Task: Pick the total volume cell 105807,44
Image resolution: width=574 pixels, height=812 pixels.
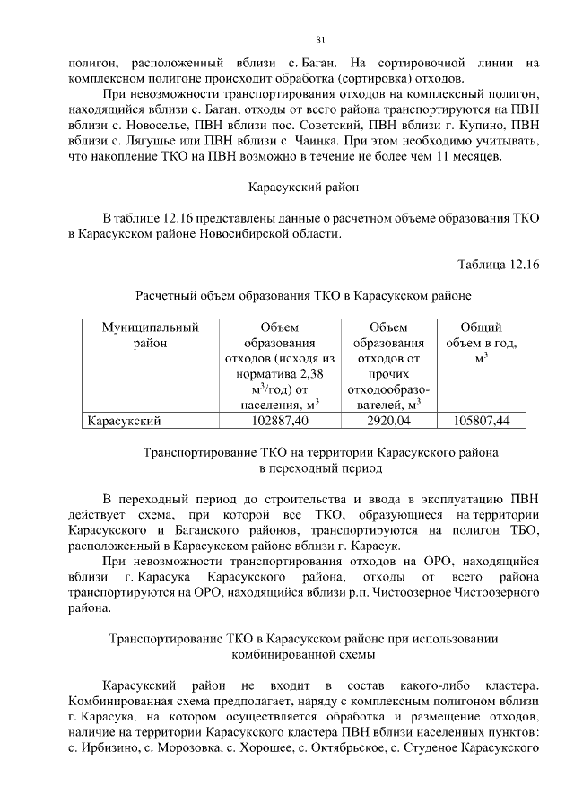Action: [481, 420]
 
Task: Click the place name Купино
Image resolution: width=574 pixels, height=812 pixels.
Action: [483, 124]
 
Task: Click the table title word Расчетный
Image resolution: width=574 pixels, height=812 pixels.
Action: [165, 294]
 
